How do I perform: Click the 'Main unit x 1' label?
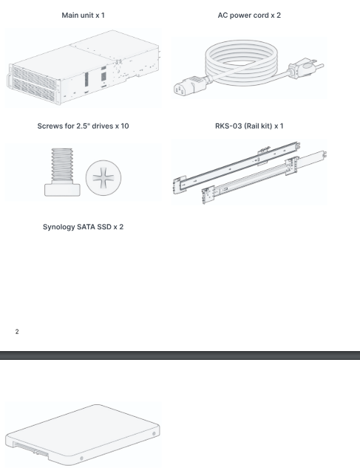83,15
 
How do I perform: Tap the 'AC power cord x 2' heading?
249,15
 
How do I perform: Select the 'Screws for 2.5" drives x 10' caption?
83,126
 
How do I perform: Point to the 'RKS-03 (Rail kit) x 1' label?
249,126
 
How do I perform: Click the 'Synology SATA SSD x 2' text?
83,227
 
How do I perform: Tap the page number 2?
17,332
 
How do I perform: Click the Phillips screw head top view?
103,177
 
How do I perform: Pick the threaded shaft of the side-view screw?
62,166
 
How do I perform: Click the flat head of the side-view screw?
63,190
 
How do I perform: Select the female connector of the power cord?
189,86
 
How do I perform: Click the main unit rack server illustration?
84,67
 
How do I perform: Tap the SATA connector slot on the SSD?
31,449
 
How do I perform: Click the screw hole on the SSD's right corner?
154,434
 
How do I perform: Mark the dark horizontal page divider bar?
180,355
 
